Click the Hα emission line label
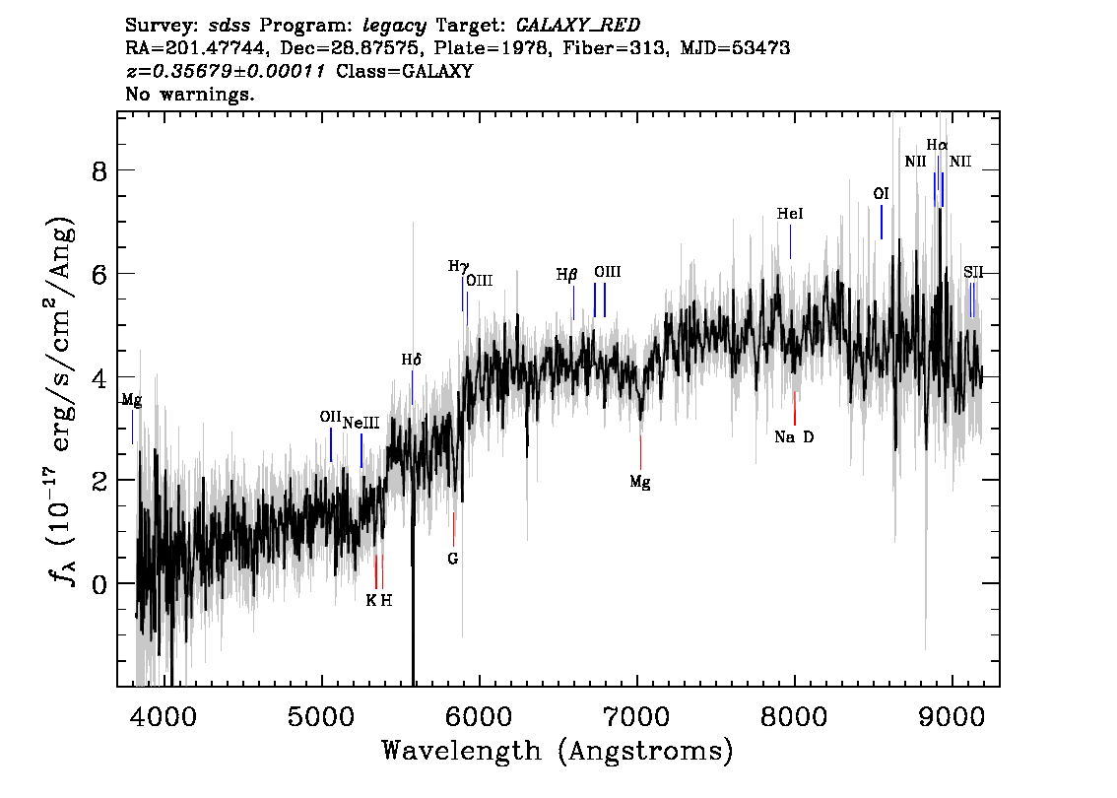coord(937,146)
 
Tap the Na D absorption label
coord(794,436)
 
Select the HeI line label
coord(790,214)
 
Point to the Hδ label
coord(411,360)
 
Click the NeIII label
coord(361,424)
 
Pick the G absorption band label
coord(453,560)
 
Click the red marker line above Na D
coord(794,408)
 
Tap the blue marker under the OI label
coord(882,223)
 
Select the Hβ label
coord(567,274)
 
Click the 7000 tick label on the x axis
coord(636,716)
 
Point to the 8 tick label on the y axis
coord(99,171)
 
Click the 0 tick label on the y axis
coord(99,583)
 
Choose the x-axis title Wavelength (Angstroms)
coord(558,751)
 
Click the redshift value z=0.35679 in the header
coord(226,71)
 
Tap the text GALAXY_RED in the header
coord(578,26)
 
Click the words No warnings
coord(189,94)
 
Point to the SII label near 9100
coord(973,272)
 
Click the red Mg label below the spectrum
coord(639,483)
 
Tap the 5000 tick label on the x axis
coord(322,716)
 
